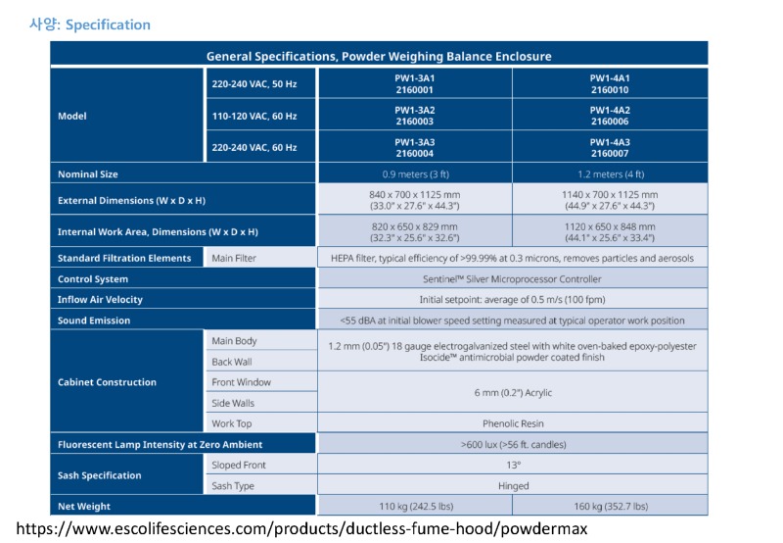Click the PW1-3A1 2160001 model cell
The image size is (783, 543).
pyautogui.click(x=414, y=83)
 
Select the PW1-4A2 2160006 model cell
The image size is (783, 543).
pyautogui.click(x=610, y=115)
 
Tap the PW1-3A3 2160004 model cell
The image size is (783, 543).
pyautogui.click(x=414, y=146)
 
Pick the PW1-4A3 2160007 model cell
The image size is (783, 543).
pyautogui.click(x=610, y=146)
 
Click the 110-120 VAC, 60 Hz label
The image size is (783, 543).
pyautogui.click(x=254, y=116)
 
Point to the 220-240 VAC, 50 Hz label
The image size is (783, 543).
pyautogui.click(x=254, y=84)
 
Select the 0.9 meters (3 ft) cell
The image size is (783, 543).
pyautogui.click(x=414, y=173)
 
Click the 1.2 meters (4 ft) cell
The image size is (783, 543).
pyautogui.click(x=610, y=173)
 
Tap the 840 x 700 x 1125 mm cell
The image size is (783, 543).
pyautogui.click(x=414, y=200)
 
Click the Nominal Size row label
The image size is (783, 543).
pyautogui.click(x=88, y=173)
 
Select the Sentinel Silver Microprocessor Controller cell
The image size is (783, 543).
pyautogui.click(x=513, y=278)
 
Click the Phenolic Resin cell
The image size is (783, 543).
pyautogui.click(x=513, y=423)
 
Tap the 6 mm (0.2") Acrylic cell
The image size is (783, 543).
pyautogui.click(x=513, y=392)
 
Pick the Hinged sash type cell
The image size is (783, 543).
pyautogui.click(x=513, y=485)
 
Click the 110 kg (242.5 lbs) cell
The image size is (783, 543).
pyautogui.click(x=414, y=506)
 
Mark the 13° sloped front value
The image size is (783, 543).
pyautogui.click(x=513, y=465)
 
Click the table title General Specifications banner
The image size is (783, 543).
pyautogui.click(x=379, y=56)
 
